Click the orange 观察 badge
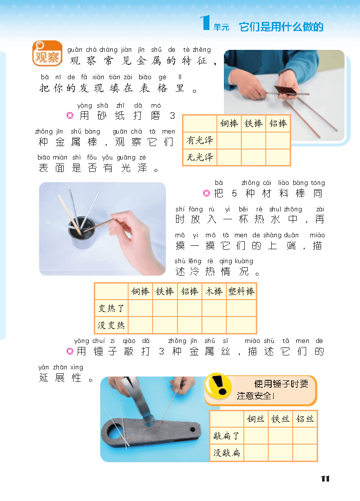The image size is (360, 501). pos(47,54)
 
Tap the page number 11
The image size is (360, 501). pos(325,479)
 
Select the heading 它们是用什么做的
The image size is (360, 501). pos(281,27)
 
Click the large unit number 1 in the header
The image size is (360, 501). pos(204,23)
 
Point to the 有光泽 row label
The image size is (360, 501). pos(200,141)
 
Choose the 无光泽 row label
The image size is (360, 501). pos(200,158)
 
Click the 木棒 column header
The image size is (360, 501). pos(214,292)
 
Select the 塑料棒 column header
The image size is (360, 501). pos(241,292)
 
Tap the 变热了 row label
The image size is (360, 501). pos(111,309)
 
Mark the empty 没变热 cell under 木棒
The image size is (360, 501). pos(214,325)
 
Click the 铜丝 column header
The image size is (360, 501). pos(256,419)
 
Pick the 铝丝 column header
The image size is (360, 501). pos(305,419)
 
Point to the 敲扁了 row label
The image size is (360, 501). pos(226,436)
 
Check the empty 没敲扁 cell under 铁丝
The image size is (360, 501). pos(280,453)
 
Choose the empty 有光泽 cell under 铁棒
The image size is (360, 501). pos(253,141)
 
